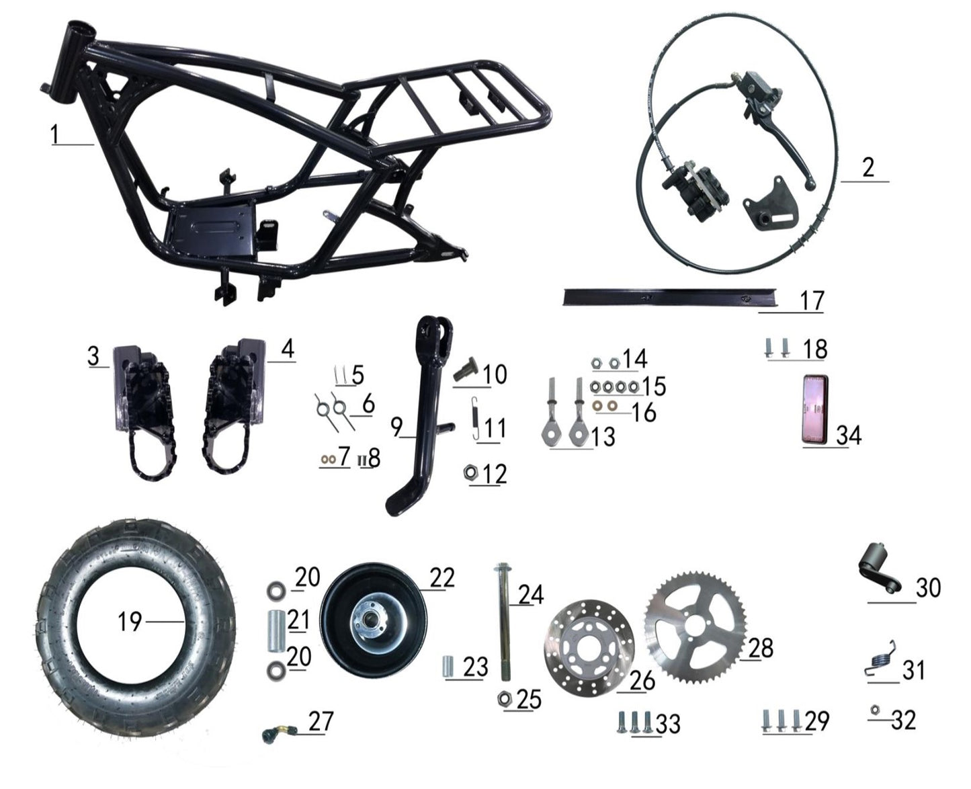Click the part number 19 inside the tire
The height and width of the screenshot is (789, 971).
pyautogui.click(x=130, y=622)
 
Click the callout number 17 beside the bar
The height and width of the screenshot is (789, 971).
pyautogui.click(x=811, y=300)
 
